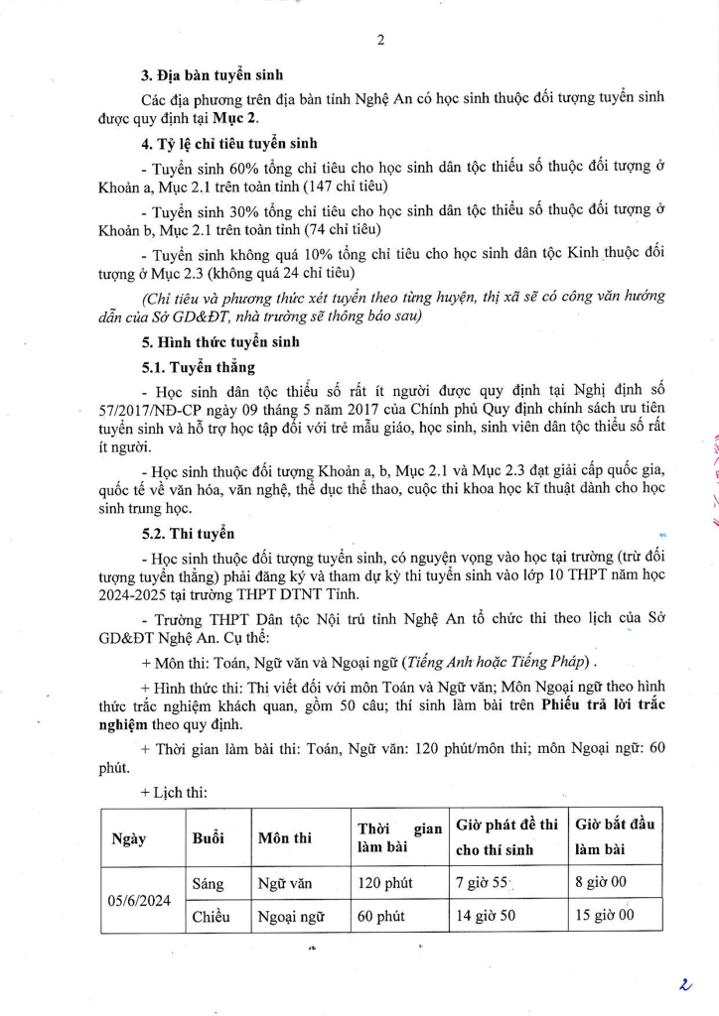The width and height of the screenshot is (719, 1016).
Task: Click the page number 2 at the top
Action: (x=380, y=41)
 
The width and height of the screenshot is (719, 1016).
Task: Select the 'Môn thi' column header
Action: (x=284, y=838)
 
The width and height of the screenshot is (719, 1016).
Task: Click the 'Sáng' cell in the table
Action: (x=209, y=880)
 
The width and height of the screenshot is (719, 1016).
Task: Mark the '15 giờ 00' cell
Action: (x=604, y=916)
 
